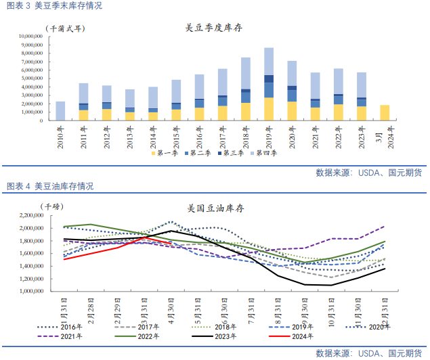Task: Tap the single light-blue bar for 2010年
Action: [60, 111]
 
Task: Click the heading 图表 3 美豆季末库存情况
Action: [54, 5]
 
